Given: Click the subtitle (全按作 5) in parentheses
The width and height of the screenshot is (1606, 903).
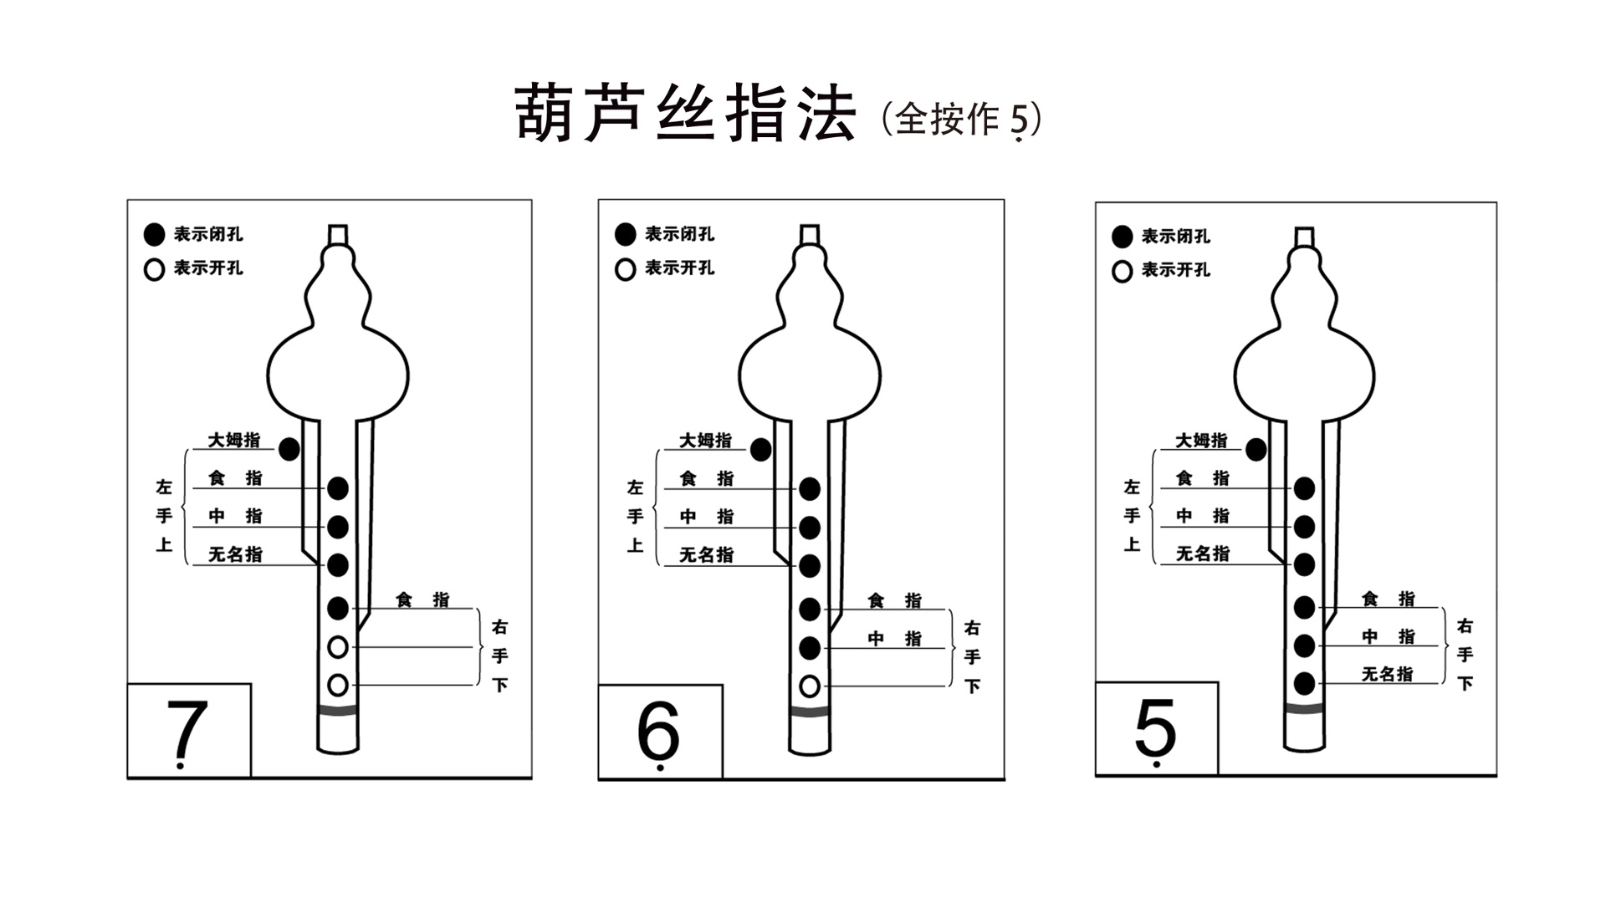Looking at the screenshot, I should [962, 120].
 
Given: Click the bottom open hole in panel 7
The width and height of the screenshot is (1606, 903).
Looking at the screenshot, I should [338, 686].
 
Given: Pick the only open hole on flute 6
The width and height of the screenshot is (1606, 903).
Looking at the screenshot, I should [809, 686].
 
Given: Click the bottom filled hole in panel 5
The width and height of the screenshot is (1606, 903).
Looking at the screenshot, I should [1304, 683].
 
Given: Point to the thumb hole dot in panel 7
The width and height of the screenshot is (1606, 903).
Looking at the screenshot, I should [289, 449].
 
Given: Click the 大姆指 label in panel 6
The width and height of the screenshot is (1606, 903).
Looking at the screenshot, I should [705, 440].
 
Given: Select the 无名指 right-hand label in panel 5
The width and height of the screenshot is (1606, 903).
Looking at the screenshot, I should [1387, 674].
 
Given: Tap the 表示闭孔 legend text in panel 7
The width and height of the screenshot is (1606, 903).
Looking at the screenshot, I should [208, 234].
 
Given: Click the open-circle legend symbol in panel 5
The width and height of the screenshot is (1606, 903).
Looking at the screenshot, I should [1122, 271].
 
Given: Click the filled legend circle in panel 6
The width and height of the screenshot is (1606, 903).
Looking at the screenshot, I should [625, 235].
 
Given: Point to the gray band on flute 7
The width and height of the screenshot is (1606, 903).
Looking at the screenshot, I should [338, 710].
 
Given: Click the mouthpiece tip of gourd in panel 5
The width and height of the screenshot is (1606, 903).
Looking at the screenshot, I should [1304, 236].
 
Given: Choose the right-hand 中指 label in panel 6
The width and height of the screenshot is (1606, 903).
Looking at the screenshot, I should [894, 639].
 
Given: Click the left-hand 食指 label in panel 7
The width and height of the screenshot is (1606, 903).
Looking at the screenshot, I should [235, 478].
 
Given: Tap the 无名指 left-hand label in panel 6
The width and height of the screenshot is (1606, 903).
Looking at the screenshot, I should [706, 554].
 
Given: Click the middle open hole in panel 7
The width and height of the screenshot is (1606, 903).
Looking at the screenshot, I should [338, 647].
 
